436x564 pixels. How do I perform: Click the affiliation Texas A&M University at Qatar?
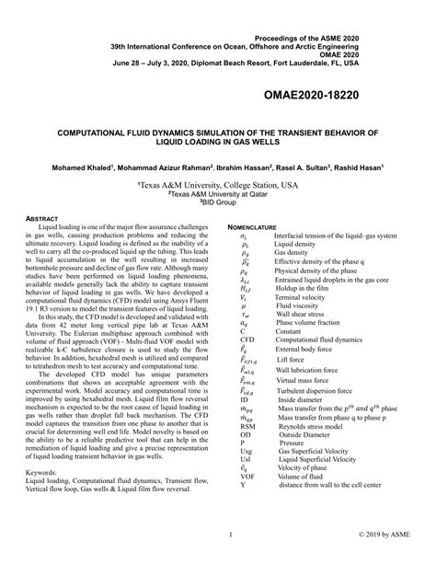point(217,194)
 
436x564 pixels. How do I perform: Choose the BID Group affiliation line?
point(217,203)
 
